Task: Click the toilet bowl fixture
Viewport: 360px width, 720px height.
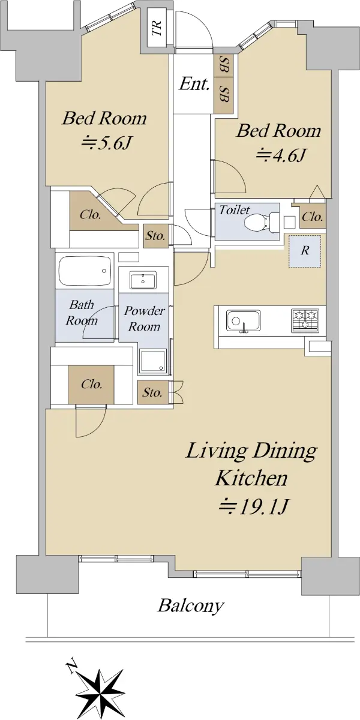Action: tap(261, 222)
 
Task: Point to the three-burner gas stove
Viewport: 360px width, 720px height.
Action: tap(305, 320)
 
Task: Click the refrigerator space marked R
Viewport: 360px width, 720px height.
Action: tap(305, 251)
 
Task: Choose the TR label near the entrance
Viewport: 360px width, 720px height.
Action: tap(157, 28)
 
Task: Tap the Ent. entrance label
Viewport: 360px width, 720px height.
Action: tap(194, 84)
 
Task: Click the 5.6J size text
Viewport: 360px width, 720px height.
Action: tap(106, 143)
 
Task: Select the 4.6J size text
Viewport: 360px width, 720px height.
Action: tap(280, 156)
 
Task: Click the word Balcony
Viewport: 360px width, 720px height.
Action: tap(190, 606)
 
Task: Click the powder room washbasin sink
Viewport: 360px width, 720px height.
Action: tap(143, 280)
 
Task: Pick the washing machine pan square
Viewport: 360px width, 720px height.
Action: tap(152, 361)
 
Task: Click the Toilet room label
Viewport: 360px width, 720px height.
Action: tap(235, 210)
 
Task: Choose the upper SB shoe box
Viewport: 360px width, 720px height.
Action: tap(224, 65)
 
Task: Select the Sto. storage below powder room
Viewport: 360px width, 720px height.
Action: tap(152, 392)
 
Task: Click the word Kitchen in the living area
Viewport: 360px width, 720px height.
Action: tap(251, 478)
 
